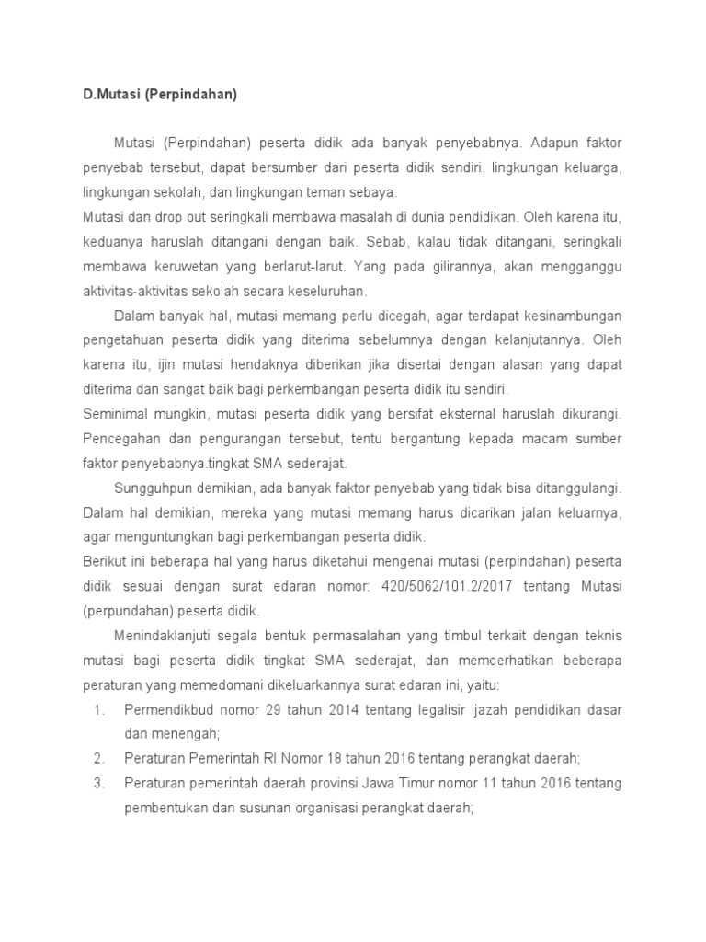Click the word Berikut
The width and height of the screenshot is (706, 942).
tap(104, 560)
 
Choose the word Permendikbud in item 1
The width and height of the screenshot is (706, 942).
tap(166, 709)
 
